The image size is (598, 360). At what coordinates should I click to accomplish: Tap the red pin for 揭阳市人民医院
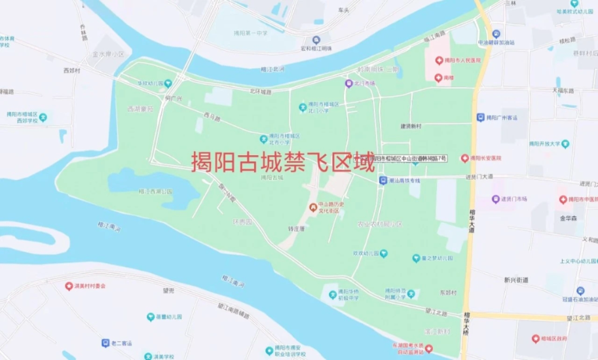coord(438,60)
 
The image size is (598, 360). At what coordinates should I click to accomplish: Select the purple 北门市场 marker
coord(348,83)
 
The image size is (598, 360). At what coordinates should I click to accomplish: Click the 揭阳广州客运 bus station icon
coord(480,118)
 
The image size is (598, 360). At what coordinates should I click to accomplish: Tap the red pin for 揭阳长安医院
coord(464,158)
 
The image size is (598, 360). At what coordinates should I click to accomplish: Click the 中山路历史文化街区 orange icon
coord(312,207)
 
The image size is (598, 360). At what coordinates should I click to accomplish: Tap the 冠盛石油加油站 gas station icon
coord(580,291)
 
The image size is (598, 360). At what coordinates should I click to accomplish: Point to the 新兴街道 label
coord(516,279)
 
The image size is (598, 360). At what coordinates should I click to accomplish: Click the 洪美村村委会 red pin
coord(69,285)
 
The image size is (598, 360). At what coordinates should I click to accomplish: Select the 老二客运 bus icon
coord(105,342)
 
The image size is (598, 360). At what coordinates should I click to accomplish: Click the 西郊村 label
coord(71,70)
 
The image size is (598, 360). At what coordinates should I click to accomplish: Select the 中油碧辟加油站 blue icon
coord(496,34)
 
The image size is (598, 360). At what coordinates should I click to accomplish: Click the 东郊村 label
coord(448,293)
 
